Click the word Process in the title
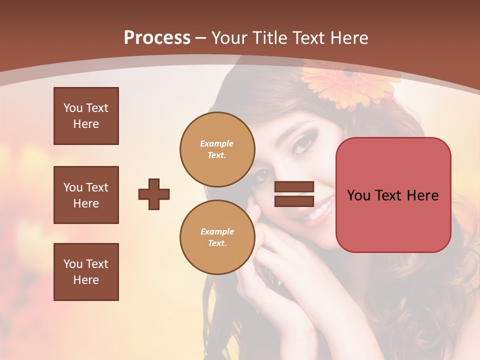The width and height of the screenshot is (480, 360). (157, 38)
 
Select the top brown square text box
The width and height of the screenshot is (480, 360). (86, 116)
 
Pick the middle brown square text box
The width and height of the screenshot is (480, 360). (86, 195)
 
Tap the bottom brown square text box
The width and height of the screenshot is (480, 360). (86, 271)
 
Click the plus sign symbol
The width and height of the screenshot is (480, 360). (154, 194)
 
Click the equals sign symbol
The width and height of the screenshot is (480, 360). (294, 194)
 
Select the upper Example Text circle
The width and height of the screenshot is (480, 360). (217, 149)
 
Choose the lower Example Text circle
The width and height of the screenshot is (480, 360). (217, 237)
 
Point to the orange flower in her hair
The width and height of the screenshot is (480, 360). (350, 85)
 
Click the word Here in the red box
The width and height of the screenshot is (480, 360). (423, 195)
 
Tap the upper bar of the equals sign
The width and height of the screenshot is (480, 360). (294, 187)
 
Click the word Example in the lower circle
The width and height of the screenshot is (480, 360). (217, 231)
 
